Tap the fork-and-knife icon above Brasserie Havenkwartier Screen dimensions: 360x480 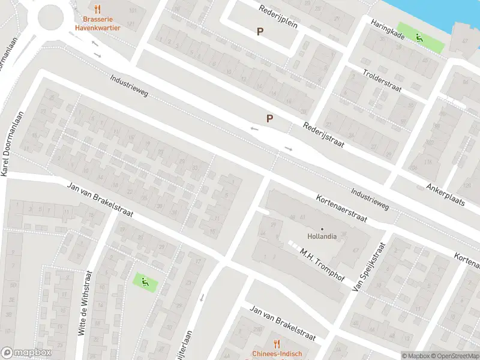98,9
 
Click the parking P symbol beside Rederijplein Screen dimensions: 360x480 260,32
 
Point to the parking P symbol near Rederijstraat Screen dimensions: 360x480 270,118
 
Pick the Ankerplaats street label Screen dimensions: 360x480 446,194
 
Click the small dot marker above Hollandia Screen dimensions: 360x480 322,229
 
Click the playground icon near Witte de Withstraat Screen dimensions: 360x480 143,280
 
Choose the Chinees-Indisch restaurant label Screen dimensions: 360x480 276,353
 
